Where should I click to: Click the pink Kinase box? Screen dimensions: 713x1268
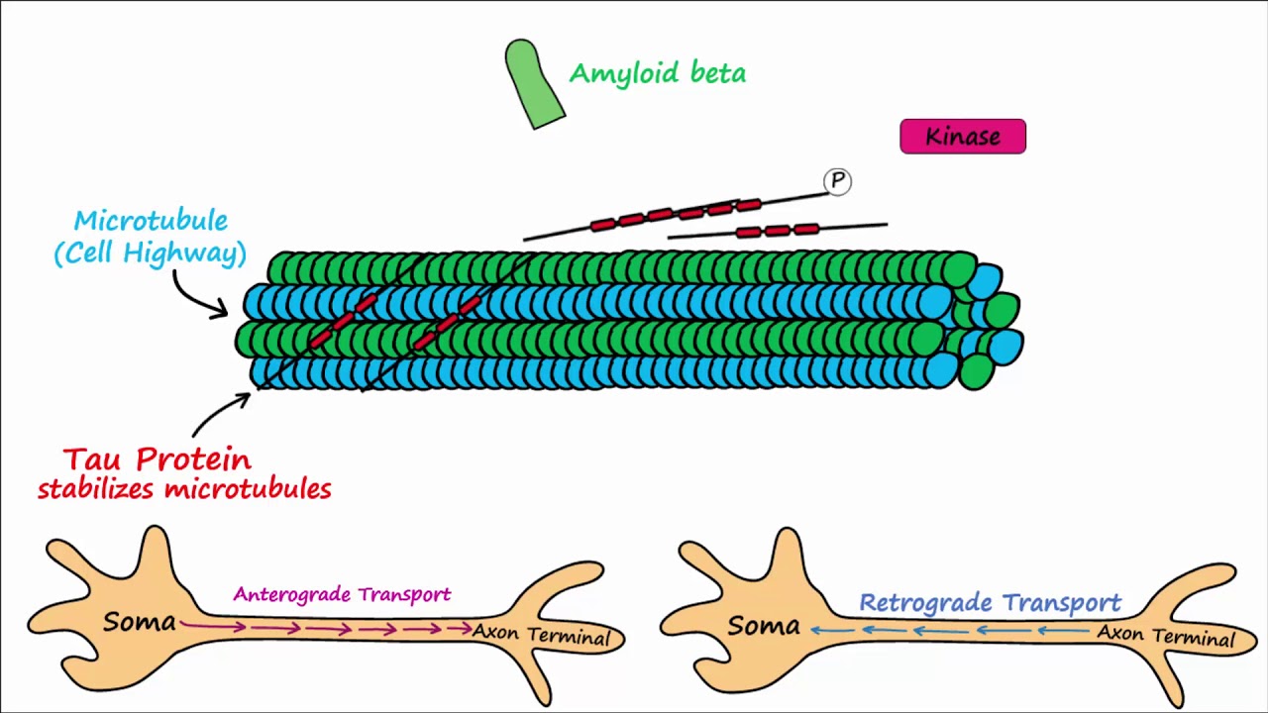[962, 137]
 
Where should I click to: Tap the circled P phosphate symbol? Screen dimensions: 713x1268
[837, 181]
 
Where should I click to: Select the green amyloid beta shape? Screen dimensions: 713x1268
[533, 84]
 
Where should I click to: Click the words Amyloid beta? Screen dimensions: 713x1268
[657, 73]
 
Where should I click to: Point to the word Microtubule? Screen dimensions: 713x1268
[151, 221]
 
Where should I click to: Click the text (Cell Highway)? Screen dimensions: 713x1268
[150, 254]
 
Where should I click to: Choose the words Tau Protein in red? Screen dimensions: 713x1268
[158, 459]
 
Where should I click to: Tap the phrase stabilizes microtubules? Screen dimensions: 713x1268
[184, 489]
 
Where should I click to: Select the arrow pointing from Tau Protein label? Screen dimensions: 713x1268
[220, 413]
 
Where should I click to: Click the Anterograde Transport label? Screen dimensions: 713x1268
[342, 594]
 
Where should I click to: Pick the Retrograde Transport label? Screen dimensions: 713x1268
[990, 603]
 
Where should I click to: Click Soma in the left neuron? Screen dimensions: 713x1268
[139, 623]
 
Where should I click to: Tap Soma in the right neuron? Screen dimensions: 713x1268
[763, 626]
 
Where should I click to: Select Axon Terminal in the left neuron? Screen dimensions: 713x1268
[541, 634]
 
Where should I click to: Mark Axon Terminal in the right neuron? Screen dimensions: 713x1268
[1165, 635]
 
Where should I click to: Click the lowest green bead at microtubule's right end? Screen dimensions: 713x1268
[976, 372]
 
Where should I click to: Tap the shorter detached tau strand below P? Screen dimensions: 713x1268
[778, 231]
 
